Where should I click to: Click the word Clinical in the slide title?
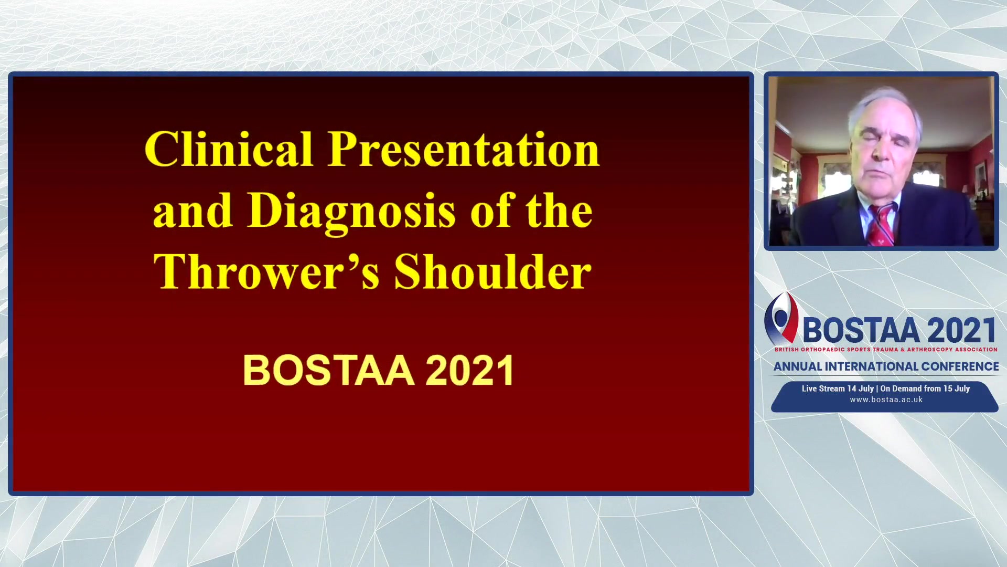click(229, 149)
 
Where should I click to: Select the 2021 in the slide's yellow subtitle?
click(470, 371)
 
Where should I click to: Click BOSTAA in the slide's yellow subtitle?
click(329, 371)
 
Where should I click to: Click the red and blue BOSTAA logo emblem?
click(781, 318)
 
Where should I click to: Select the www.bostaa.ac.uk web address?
click(886, 400)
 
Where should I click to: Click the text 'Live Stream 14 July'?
click(838, 388)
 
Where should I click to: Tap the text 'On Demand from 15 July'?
click(925, 388)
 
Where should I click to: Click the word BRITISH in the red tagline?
click(787, 350)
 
